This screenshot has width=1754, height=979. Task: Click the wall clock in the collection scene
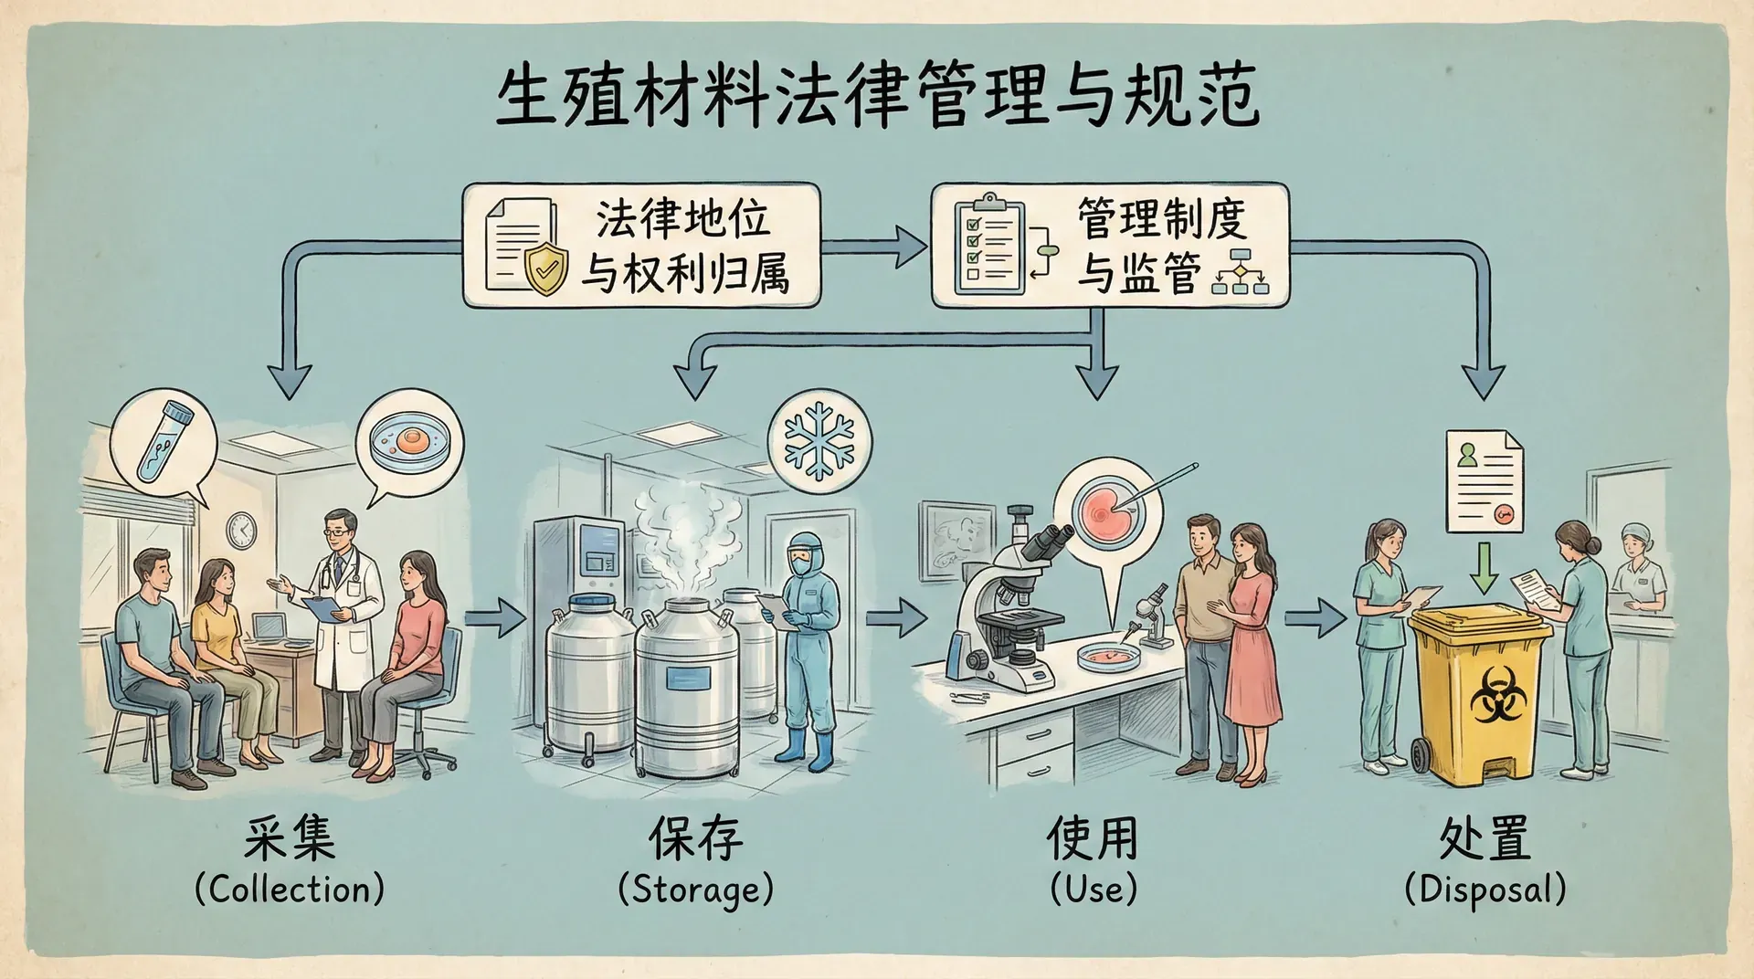click(241, 530)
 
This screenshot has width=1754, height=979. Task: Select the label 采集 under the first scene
click(290, 838)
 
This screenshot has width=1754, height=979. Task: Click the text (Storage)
click(696, 890)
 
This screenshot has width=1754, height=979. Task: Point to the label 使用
click(1094, 838)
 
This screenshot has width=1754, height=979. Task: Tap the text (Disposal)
click(1485, 890)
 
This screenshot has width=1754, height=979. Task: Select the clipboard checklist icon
click(989, 244)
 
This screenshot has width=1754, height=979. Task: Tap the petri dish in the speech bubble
click(408, 442)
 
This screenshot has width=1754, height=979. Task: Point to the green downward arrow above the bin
click(1485, 567)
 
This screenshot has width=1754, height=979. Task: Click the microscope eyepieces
click(1049, 542)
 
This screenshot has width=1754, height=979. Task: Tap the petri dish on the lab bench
click(1108, 654)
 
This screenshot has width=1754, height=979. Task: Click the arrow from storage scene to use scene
click(896, 618)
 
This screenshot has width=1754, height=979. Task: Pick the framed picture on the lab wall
click(956, 539)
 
